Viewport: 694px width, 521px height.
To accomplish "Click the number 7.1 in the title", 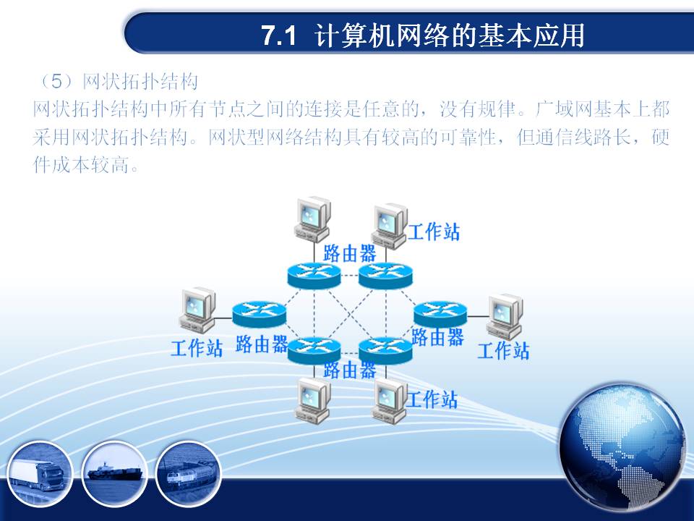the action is [x=278, y=35].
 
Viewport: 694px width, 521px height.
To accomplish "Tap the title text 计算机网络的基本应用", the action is [x=449, y=35].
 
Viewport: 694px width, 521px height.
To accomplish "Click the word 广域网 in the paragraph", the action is [x=565, y=109].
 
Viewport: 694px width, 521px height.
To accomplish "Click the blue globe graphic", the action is [x=622, y=447].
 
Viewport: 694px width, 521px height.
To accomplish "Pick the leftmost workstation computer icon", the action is [x=197, y=310].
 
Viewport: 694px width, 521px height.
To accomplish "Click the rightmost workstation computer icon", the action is [x=505, y=317].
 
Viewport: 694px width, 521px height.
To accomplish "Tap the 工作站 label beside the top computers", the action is [x=434, y=232].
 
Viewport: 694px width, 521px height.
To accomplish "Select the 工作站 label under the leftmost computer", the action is [x=197, y=348].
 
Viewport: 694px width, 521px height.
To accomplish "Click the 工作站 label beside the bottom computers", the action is [x=432, y=399].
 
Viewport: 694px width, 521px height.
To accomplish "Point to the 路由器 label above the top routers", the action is [x=349, y=253].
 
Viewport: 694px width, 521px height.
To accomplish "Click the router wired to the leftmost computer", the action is [x=260, y=314].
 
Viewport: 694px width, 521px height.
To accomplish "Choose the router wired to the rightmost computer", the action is [x=440, y=313].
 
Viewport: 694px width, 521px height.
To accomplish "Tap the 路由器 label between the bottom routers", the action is [x=350, y=370].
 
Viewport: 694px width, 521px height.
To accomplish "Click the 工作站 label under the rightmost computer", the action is [x=503, y=350].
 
